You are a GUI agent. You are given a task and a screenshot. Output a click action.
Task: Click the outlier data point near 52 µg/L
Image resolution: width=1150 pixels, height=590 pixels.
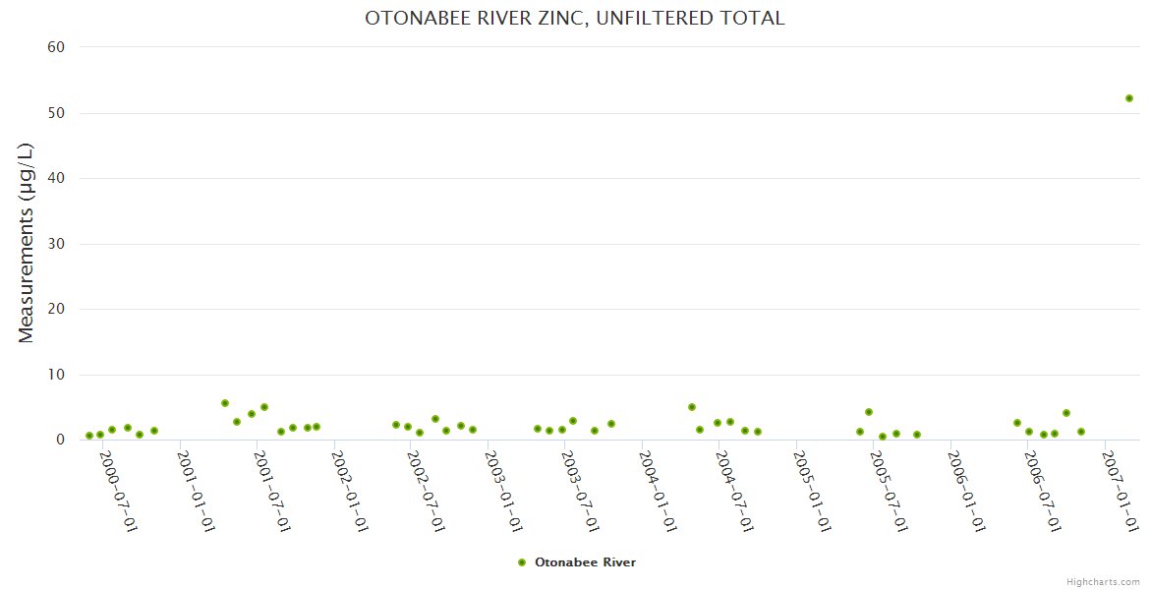(x=1129, y=98)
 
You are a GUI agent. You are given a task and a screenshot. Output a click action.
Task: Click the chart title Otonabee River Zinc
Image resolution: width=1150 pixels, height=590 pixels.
(x=575, y=19)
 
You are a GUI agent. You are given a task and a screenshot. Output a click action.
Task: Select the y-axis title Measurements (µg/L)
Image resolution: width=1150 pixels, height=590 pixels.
(x=27, y=243)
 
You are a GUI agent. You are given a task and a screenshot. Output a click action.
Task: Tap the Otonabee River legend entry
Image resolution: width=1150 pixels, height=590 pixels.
(x=577, y=562)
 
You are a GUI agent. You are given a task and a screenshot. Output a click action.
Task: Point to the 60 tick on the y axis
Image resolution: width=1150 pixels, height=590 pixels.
(x=56, y=47)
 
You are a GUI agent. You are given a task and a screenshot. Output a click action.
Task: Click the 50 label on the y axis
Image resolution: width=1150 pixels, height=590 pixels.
(x=56, y=113)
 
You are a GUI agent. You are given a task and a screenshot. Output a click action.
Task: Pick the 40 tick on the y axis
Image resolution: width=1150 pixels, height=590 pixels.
(x=56, y=178)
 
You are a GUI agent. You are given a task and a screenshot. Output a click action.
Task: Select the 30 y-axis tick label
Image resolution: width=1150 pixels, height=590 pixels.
(x=56, y=244)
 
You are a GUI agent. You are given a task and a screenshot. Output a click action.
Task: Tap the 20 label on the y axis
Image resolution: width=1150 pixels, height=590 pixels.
(x=56, y=309)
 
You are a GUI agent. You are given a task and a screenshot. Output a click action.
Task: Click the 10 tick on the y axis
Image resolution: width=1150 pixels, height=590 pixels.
(x=56, y=375)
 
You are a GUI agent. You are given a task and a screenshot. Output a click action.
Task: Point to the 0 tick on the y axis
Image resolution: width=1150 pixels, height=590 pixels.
(x=60, y=440)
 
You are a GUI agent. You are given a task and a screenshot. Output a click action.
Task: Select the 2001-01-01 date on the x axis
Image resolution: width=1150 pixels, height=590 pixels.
(x=196, y=492)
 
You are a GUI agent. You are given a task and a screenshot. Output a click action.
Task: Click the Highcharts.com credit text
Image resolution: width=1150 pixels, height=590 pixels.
(x=1103, y=582)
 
